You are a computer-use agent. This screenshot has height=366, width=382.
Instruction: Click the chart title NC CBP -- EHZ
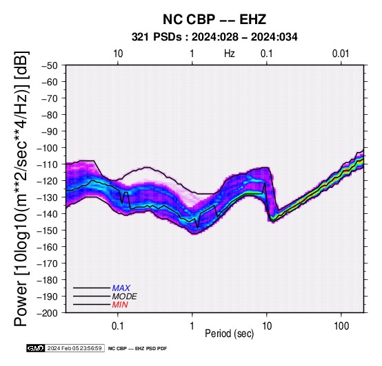point(214,19)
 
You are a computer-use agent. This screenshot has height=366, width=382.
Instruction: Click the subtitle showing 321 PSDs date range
point(214,37)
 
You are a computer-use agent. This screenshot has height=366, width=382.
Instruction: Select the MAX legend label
point(121,288)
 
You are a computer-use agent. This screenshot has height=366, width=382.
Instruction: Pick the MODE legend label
point(125,297)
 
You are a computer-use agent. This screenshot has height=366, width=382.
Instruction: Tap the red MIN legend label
point(120,305)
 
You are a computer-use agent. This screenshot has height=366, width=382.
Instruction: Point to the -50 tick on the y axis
point(50,65)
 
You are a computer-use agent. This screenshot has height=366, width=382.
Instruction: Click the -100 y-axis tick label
point(47,148)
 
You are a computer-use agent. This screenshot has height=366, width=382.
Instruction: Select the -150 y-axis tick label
point(47,230)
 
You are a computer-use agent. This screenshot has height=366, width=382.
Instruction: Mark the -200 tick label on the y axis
point(47,313)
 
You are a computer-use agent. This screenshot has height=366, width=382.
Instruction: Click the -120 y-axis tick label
point(47,181)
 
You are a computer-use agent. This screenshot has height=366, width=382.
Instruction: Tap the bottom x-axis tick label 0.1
point(118,326)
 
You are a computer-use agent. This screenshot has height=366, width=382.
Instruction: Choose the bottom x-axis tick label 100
point(341,326)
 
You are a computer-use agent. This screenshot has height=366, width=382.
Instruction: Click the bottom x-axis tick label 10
point(267,326)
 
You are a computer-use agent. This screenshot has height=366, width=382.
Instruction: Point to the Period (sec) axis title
point(229,334)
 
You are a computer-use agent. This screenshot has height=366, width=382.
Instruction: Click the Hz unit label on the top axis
point(229,54)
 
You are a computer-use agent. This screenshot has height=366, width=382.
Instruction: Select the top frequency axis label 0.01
point(341,54)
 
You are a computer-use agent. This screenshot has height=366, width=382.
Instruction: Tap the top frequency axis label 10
point(118,54)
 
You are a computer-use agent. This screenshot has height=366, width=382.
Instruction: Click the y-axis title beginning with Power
point(21,189)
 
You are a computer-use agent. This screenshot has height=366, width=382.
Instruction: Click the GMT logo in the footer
point(36,348)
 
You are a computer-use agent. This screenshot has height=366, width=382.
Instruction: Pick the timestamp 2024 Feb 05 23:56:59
point(74,348)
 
